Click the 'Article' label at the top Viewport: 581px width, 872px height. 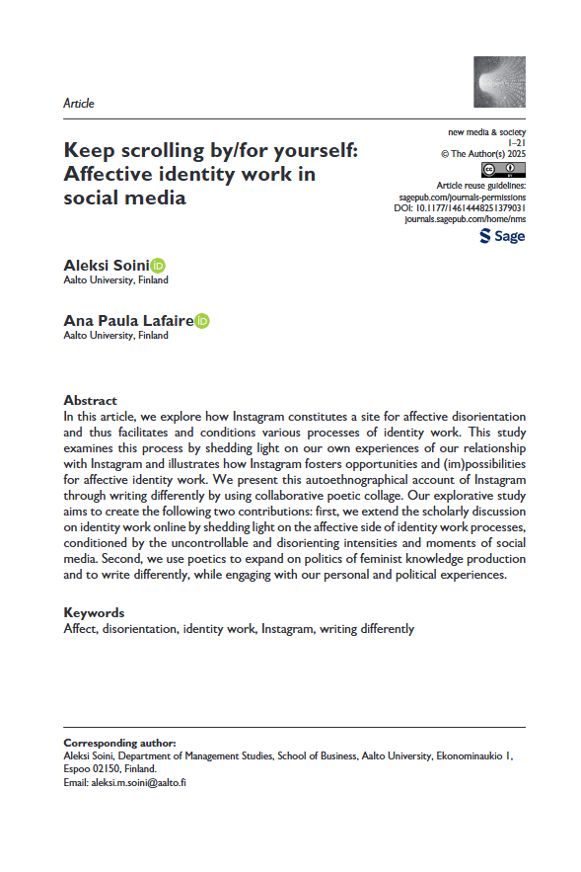point(78,103)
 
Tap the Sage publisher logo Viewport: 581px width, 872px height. point(501,236)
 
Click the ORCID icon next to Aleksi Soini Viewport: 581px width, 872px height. point(158,265)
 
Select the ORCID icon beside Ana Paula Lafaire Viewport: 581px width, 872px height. point(202,320)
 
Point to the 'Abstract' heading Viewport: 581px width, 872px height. point(90,400)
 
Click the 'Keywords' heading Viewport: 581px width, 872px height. point(94,612)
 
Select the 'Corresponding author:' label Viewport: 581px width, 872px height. point(119,742)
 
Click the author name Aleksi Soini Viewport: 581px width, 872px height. point(106,265)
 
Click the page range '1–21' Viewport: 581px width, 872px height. point(515,142)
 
